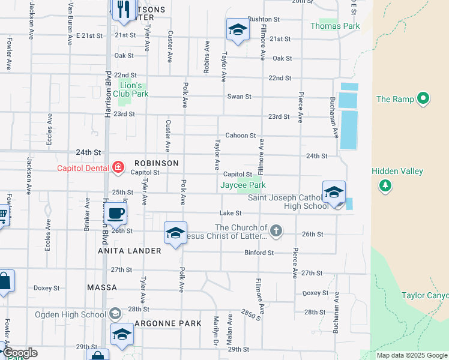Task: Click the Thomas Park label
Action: pos(335,26)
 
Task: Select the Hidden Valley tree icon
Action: pos(385,185)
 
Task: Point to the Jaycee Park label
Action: pos(243,185)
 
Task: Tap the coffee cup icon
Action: pos(115,212)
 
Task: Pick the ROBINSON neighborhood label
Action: pos(157,163)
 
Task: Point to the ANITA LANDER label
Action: pos(130,251)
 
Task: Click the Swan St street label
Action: pos(239,97)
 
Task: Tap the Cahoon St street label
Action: pos(241,136)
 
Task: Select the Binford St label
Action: pos(259,253)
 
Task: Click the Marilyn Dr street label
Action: pos(216,327)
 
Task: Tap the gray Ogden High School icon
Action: pos(115,313)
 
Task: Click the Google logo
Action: pos(20,353)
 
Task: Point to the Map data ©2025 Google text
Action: pos(412,355)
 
